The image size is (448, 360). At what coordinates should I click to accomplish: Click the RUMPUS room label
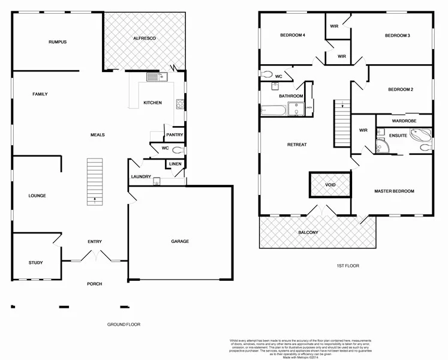58,42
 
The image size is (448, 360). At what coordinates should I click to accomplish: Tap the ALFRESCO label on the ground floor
144,38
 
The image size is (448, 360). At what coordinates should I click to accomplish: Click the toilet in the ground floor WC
177,149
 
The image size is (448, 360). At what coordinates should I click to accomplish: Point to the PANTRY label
175,135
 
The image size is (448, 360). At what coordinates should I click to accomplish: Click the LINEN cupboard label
175,164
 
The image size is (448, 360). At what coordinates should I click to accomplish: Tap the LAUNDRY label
141,176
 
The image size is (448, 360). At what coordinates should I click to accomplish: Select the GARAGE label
180,241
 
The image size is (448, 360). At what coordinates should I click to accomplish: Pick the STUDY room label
36,263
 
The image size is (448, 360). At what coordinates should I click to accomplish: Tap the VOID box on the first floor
330,185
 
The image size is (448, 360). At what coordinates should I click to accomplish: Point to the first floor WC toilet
267,74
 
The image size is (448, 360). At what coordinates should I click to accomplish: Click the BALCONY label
309,232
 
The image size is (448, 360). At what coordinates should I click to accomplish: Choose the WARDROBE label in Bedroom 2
403,120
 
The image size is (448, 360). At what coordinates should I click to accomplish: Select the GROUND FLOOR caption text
124,325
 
